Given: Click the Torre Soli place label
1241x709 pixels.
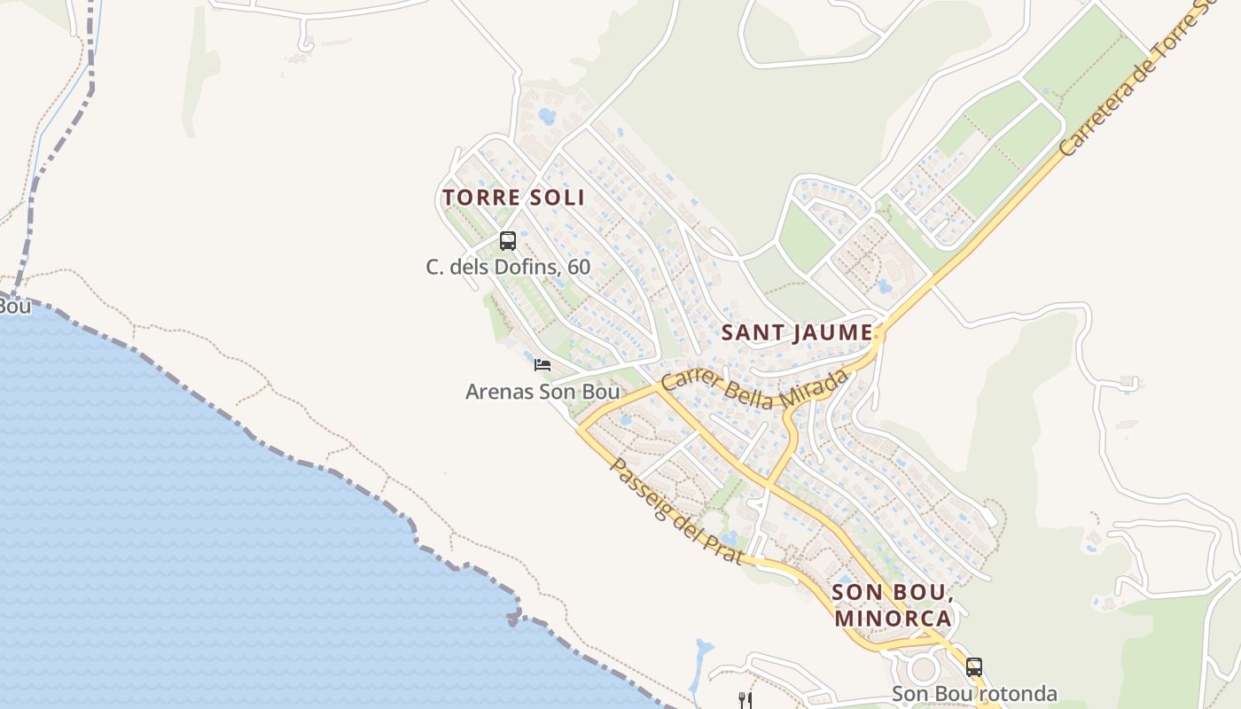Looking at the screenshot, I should [513, 197].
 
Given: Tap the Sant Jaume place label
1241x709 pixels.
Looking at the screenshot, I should [797, 332].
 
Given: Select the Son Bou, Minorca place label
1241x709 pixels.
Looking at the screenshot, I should [893, 604].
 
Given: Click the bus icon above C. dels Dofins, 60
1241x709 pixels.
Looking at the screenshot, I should [508, 240].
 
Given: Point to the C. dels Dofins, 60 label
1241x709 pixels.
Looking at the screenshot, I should [508, 266].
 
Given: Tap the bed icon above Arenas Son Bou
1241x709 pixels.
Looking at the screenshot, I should [542, 364].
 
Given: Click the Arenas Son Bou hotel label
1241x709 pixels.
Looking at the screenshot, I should [542, 391].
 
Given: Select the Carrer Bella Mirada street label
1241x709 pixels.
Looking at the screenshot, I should [754, 389].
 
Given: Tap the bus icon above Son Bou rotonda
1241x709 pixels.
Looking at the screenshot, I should [974, 667].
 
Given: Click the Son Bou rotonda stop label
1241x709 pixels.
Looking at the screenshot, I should [974, 693].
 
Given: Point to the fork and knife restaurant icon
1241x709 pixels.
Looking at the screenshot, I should [745, 700].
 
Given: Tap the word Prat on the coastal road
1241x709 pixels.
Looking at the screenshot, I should [722, 545].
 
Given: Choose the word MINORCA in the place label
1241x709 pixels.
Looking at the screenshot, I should [893, 618].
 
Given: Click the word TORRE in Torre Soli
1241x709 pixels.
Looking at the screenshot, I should [478, 197].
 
